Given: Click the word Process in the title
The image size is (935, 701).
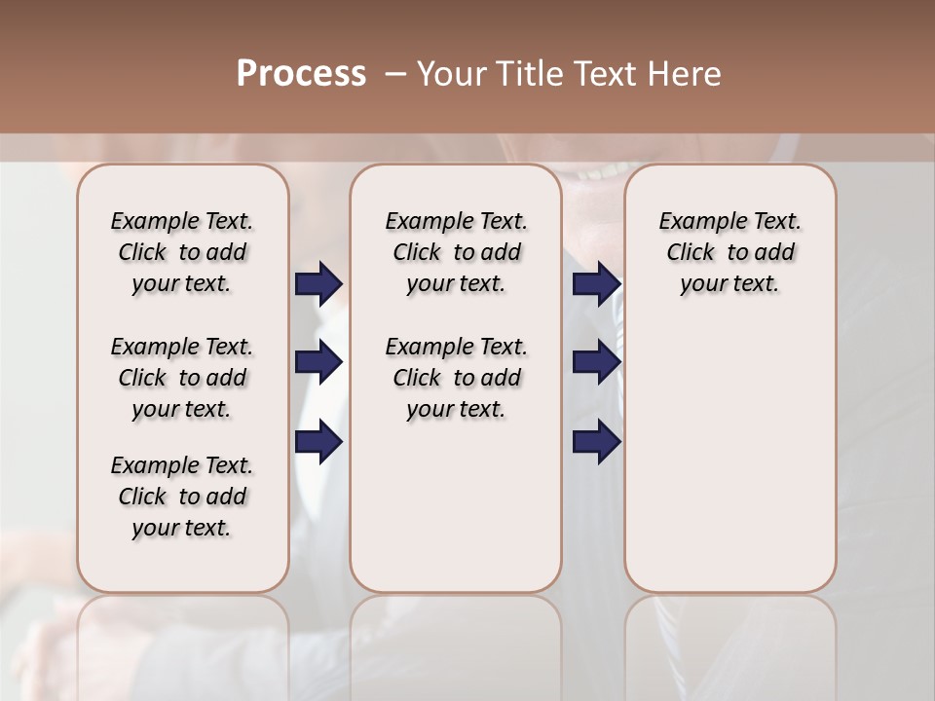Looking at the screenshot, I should [301, 74].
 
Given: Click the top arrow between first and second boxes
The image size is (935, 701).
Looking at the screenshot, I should [318, 284].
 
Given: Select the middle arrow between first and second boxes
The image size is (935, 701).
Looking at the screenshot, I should [318, 363].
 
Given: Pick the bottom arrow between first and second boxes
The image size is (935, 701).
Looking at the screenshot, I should [318, 442].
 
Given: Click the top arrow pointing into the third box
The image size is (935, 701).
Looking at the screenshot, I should [596, 284].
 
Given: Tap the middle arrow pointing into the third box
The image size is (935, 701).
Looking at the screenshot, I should [596, 363].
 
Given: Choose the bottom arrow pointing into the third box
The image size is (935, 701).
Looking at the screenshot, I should [596, 442].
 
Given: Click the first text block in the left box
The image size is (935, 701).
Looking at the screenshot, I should [182, 252].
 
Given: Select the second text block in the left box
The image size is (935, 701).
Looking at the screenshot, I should [182, 378].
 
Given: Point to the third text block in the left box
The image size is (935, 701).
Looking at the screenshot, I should [182, 497].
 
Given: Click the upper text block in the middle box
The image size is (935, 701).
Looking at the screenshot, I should [456, 252].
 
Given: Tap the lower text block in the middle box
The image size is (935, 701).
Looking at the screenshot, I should [456, 378].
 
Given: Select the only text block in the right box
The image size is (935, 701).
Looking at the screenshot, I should [729, 252].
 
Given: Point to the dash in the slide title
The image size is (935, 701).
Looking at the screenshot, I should [394, 74].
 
